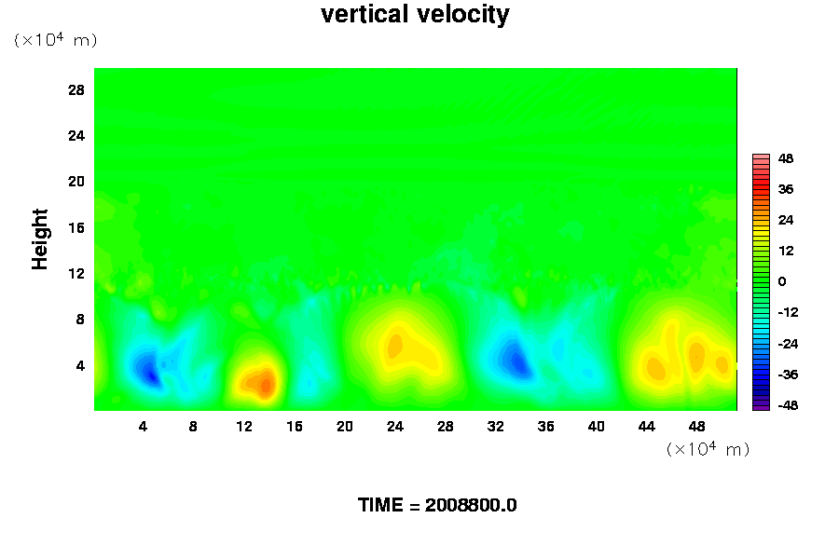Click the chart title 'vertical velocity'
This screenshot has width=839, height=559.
pos(415,15)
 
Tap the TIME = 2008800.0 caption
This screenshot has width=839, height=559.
pos(437,505)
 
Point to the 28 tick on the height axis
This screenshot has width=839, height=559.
pos(76,89)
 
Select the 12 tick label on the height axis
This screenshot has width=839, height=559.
pos(76,273)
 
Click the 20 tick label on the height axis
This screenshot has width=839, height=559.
pos(76,181)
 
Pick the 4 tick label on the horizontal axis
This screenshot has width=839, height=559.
pos(143,427)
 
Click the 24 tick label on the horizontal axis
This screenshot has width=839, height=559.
pos(394,427)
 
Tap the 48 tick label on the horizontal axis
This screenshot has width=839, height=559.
pos(696,427)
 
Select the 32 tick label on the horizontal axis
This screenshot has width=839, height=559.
pos(495,427)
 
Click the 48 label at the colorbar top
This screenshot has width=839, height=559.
pos(786,158)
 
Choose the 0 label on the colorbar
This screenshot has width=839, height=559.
pos(782,281)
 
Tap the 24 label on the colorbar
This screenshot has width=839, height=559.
pos(786,220)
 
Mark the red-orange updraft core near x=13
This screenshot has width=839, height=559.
pos(265,383)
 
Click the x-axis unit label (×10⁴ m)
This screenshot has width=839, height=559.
pos(708,449)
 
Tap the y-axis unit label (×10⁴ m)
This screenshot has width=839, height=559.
pos(55,40)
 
